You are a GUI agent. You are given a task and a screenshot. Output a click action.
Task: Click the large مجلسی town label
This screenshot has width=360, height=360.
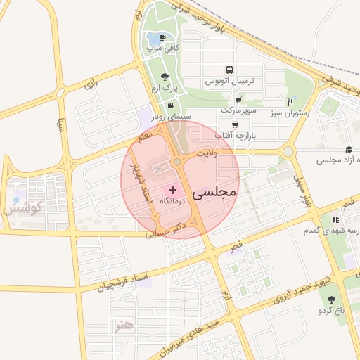click(216, 191)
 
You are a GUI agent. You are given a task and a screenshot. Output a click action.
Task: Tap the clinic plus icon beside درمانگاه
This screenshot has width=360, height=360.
click(173, 191)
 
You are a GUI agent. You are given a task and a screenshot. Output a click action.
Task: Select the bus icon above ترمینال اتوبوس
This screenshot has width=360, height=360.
click(229, 70)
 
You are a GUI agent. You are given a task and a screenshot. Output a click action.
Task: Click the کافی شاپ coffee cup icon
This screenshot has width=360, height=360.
click(163, 38)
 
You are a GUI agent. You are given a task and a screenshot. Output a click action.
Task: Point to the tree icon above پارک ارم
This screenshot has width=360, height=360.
click(165, 77)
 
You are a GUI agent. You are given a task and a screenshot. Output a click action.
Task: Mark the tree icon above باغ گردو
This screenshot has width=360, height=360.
click(331, 300)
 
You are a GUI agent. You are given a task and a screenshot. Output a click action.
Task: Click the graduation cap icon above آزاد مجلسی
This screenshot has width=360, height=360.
click(349, 149)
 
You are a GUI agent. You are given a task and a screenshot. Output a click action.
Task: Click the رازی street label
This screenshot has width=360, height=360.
click(90, 85)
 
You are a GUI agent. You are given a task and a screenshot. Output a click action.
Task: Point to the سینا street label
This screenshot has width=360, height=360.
click(62, 124)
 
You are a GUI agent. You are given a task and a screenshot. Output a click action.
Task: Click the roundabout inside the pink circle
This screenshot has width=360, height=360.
click(176, 162)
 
